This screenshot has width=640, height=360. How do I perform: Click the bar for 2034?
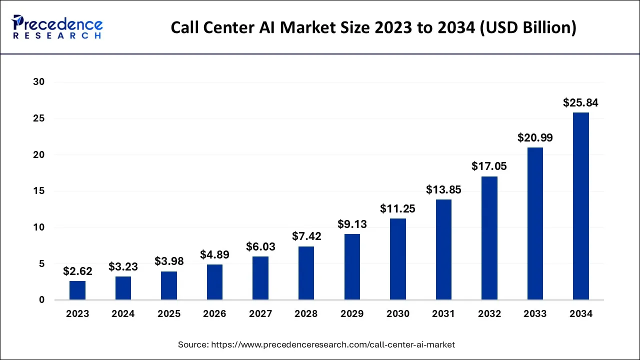pos(580,206)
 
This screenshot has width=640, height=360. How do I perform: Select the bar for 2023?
pos(77,290)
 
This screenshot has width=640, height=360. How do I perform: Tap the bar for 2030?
pos(398,259)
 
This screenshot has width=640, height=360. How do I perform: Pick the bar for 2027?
pos(260,278)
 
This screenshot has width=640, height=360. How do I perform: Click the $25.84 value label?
pos(580,103)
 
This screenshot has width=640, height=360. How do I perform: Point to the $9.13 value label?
pos(352,224)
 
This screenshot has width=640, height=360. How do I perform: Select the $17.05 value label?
pos(489,166)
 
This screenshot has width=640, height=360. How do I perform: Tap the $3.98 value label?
pos(169,261)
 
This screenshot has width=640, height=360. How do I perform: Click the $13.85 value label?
pos(443,190)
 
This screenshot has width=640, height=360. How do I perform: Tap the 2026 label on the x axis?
pos(214,314)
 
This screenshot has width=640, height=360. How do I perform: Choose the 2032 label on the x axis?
pos(489,314)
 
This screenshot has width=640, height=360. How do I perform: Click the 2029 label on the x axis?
pos(352,314)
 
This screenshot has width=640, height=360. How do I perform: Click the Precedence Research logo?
pos(57,27)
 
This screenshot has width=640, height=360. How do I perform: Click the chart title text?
pos(373,27)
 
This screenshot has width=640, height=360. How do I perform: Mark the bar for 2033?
pos(535,223)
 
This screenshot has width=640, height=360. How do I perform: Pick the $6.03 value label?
pos(260,246)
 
